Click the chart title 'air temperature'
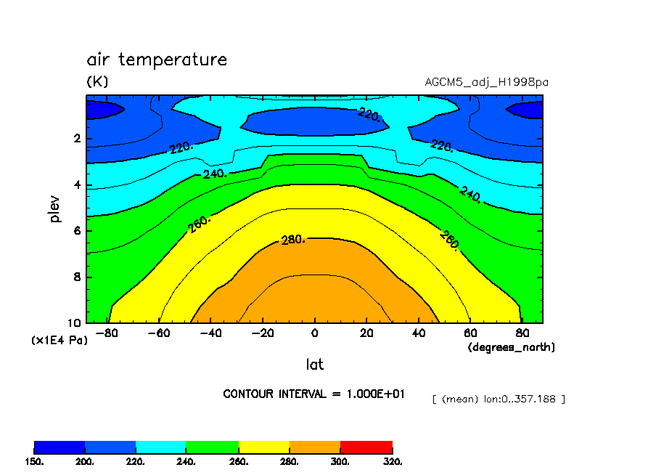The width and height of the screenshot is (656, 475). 157,60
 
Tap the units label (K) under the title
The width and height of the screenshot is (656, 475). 97,82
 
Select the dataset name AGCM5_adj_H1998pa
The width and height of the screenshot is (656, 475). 486,82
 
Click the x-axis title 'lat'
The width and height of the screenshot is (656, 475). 314,364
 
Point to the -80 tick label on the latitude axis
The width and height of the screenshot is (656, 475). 107,333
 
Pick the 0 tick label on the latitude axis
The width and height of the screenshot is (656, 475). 314,333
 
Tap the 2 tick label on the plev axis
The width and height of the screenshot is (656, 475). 76,139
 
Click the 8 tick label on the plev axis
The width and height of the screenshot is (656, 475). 76,277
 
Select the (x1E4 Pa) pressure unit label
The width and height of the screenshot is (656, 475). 59,340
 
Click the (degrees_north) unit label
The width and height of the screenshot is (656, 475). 511,348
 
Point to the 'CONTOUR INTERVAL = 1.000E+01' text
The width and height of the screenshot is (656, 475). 314,394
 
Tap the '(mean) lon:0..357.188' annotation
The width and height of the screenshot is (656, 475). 498,399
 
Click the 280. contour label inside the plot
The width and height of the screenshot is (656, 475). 292,240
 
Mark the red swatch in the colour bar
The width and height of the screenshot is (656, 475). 366,447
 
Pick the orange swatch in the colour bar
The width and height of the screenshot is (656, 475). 315,447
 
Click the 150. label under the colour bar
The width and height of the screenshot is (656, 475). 35,461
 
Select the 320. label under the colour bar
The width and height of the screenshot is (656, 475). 393,461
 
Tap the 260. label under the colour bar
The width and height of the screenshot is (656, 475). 239,461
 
